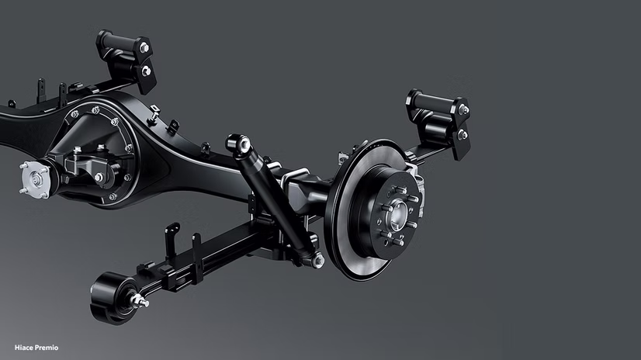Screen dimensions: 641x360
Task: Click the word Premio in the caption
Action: (x=45, y=348)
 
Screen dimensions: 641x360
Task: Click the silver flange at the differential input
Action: (x=35, y=179)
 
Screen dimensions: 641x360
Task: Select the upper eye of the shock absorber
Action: (x=238, y=144)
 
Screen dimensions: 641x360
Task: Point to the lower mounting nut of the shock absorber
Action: (x=317, y=260)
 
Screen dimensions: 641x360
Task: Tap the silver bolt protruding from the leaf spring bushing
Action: (x=140, y=302)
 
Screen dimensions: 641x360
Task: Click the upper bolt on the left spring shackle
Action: (x=144, y=48)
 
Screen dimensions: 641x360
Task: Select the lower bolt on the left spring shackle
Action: (x=146, y=71)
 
